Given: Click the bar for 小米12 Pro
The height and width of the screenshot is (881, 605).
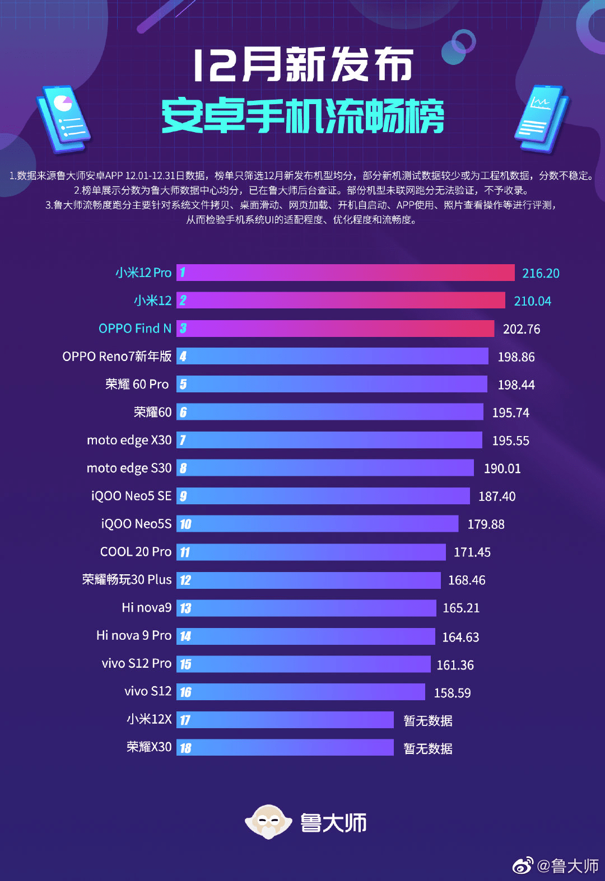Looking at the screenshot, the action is click(345, 273).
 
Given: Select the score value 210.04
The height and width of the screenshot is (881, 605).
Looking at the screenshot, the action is click(533, 301).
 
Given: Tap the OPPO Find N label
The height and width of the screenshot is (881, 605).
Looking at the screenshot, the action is click(135, 329).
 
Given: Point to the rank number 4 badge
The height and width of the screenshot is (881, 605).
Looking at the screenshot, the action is click(183, 357).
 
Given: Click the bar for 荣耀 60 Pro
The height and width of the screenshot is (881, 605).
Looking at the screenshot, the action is click(332, 384).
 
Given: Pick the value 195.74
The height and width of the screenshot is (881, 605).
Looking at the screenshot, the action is click(510, 413).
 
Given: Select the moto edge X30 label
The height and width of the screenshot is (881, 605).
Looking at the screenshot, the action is click(129, 440).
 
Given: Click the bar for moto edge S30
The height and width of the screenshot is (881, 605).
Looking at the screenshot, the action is click(325, 467).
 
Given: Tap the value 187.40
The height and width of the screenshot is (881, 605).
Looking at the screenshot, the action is click(497, 496).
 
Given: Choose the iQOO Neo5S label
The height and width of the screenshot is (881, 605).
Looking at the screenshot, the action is click(136, 524).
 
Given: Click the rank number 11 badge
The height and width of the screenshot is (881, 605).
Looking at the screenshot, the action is click(185, 552).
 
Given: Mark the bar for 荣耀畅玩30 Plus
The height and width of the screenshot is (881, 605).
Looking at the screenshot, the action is click(308, 580).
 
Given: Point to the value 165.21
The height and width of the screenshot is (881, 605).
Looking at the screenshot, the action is click(461, 608).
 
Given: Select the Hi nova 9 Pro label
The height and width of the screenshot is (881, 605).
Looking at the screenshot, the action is click(134, 636).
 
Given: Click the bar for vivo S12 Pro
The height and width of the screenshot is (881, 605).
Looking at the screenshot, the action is click(303, 664).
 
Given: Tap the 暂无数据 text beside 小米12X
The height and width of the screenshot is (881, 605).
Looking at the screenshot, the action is click(428, 720).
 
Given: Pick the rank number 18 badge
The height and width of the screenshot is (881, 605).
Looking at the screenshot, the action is click(185, 748).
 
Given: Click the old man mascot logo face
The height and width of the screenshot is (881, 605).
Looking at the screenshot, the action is click(268, 822).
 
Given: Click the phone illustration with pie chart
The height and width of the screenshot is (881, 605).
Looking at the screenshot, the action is click(63, 118).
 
